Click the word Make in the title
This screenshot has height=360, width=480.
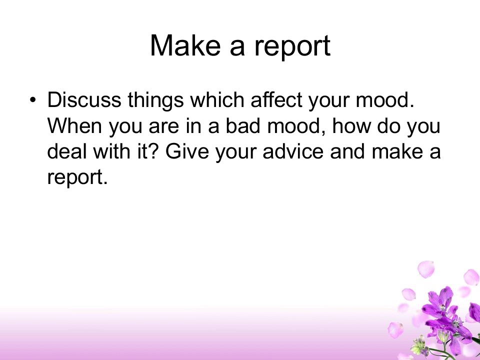[x=185, y=45]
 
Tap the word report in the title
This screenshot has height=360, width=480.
[x=292, y=47]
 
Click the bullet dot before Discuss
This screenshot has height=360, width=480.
[x=33, y=100]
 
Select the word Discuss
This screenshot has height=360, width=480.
[x=84, y=99]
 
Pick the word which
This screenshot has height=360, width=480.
[x=217, y=99]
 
